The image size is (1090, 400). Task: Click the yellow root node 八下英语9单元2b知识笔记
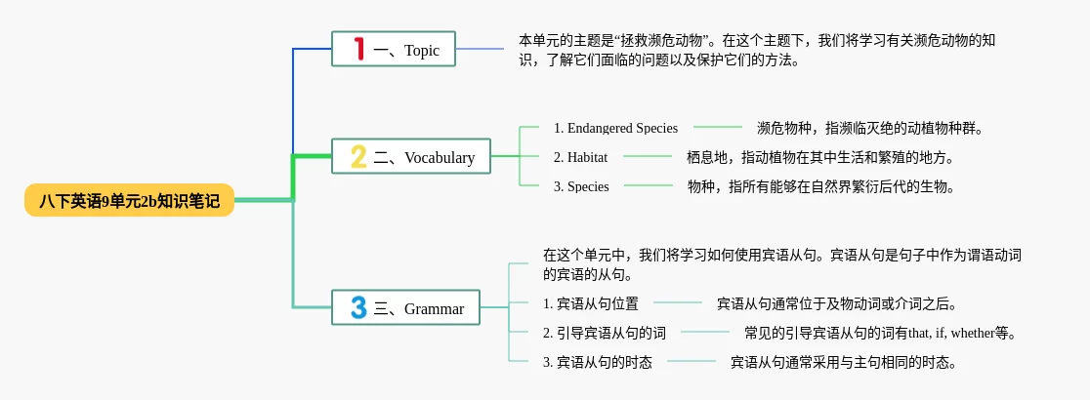[129, 200]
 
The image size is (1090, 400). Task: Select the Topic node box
[394, 49]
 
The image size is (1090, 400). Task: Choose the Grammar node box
[406, 307]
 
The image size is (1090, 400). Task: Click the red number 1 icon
[358, 49]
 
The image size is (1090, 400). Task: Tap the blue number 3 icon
[358, 307]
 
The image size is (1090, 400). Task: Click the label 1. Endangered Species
[616, 128]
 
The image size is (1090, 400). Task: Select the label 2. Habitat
[580, 158]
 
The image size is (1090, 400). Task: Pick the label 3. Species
[581, 186]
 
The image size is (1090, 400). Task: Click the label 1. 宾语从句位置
[591, 303]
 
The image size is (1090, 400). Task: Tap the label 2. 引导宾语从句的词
[605, 333]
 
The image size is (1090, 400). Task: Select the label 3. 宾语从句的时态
[598, 362]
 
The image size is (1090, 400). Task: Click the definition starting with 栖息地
[819, 158]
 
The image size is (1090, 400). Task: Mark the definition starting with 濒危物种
[869, 128]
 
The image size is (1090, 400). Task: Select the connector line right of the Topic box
[480, 49]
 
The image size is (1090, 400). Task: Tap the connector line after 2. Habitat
[648, 157]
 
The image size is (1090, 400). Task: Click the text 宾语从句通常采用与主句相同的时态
[843, 362]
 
